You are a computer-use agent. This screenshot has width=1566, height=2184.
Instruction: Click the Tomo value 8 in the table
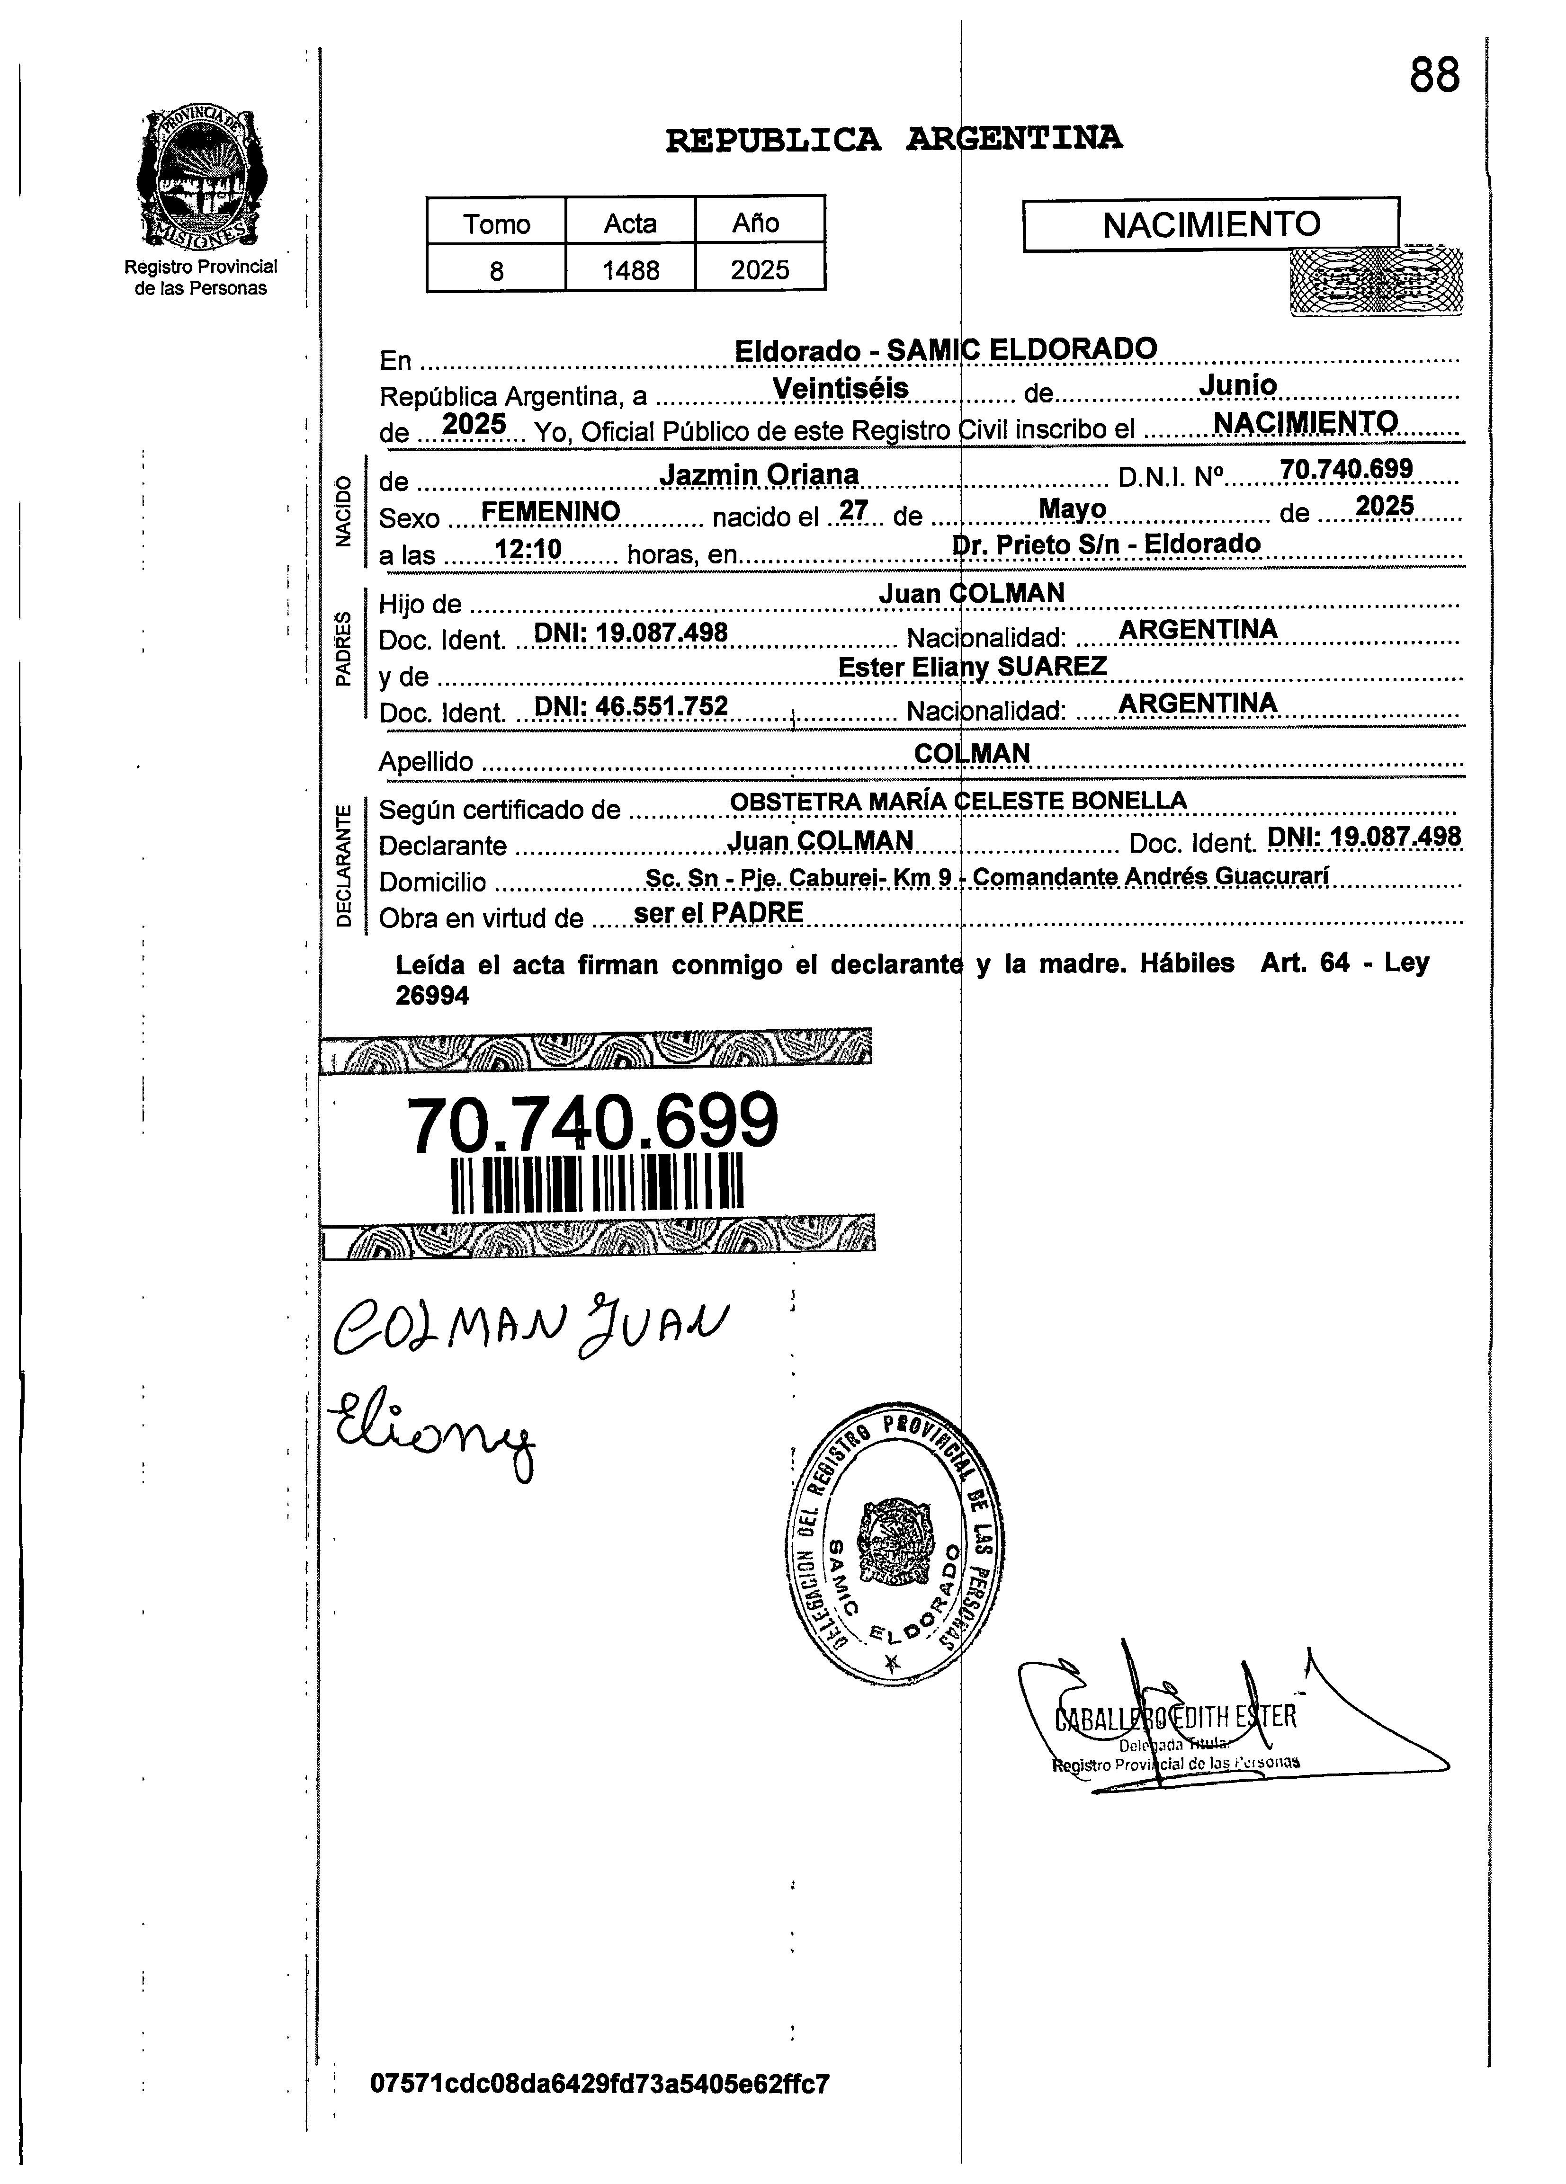pos(496,271)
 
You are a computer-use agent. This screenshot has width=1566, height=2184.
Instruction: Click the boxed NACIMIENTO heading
pos(1211,224)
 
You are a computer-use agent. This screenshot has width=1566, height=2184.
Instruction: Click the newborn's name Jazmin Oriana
pos(759,475)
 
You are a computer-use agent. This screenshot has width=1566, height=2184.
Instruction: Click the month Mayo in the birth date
pos(1072,508)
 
